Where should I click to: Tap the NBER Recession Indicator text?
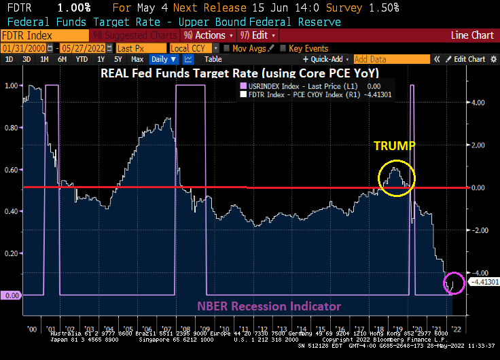coord(269,306)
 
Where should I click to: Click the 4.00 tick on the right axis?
coord(478,103)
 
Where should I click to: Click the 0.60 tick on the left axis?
coord(11,170)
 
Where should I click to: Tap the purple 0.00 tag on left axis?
coord(11,295)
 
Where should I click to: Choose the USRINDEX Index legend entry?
coord(299,86)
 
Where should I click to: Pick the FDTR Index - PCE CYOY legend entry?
coord(311,95)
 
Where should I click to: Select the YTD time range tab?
coord(81,59)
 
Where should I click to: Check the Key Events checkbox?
coord(284,48)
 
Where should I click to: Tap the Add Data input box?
coord(380,59)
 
